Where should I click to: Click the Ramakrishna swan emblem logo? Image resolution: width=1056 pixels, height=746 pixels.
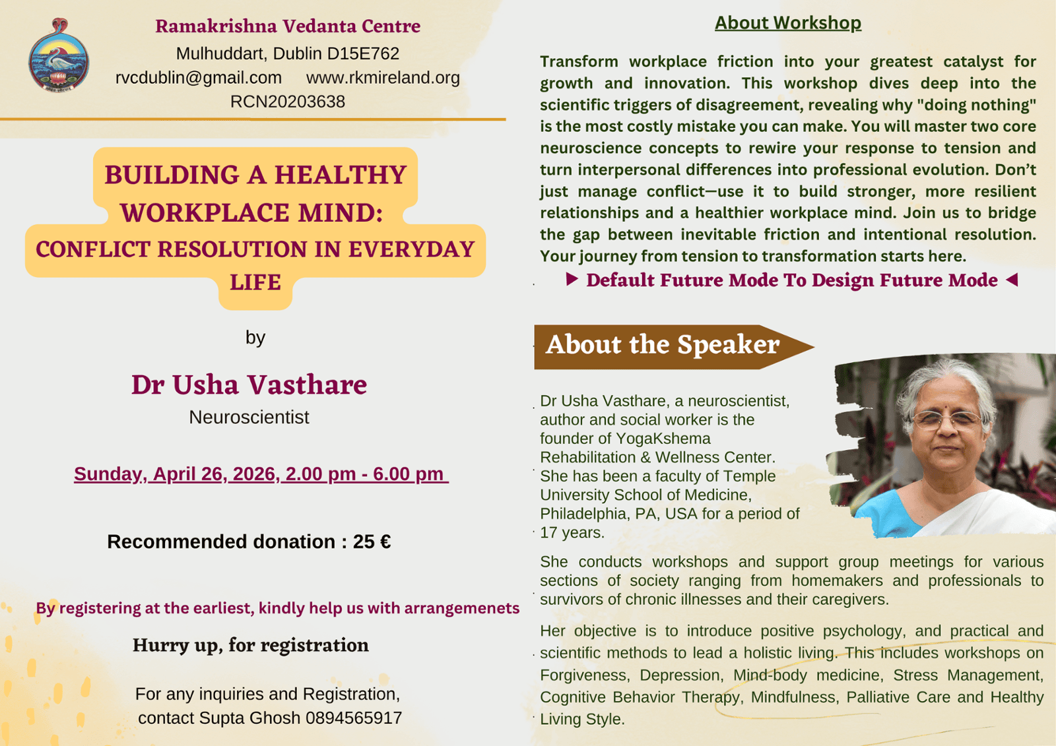point(59,55)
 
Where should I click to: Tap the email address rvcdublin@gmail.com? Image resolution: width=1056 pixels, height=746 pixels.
point(199,77)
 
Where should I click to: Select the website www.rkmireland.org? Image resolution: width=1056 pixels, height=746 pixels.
point(383,77)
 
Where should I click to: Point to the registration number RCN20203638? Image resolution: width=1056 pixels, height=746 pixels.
point(288,102)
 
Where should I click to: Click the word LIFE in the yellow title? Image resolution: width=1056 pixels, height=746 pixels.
point(255,282)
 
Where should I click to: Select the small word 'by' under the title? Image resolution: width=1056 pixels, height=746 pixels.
point(255,338)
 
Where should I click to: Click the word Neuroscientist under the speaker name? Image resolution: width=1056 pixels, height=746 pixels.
point(249,417)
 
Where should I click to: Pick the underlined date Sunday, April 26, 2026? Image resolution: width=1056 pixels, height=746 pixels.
point(177,474)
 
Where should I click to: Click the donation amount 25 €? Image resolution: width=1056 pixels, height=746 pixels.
point(372,542)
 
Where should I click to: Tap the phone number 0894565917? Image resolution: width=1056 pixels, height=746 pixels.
point(354,718)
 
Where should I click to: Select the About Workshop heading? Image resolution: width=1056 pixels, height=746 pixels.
point(788,22)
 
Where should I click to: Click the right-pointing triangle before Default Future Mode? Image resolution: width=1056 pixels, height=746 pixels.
point(572,279)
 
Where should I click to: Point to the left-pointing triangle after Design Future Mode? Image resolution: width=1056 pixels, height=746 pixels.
point(1012,280)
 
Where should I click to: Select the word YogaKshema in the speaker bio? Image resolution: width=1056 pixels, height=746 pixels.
point(663,438)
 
